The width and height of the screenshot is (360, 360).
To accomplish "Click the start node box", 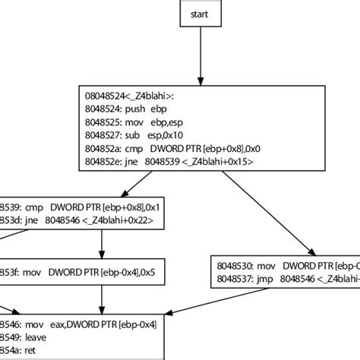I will click(x=201, y=14).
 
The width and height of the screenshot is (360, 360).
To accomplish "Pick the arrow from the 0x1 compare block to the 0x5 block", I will click(x=103, y=245).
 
